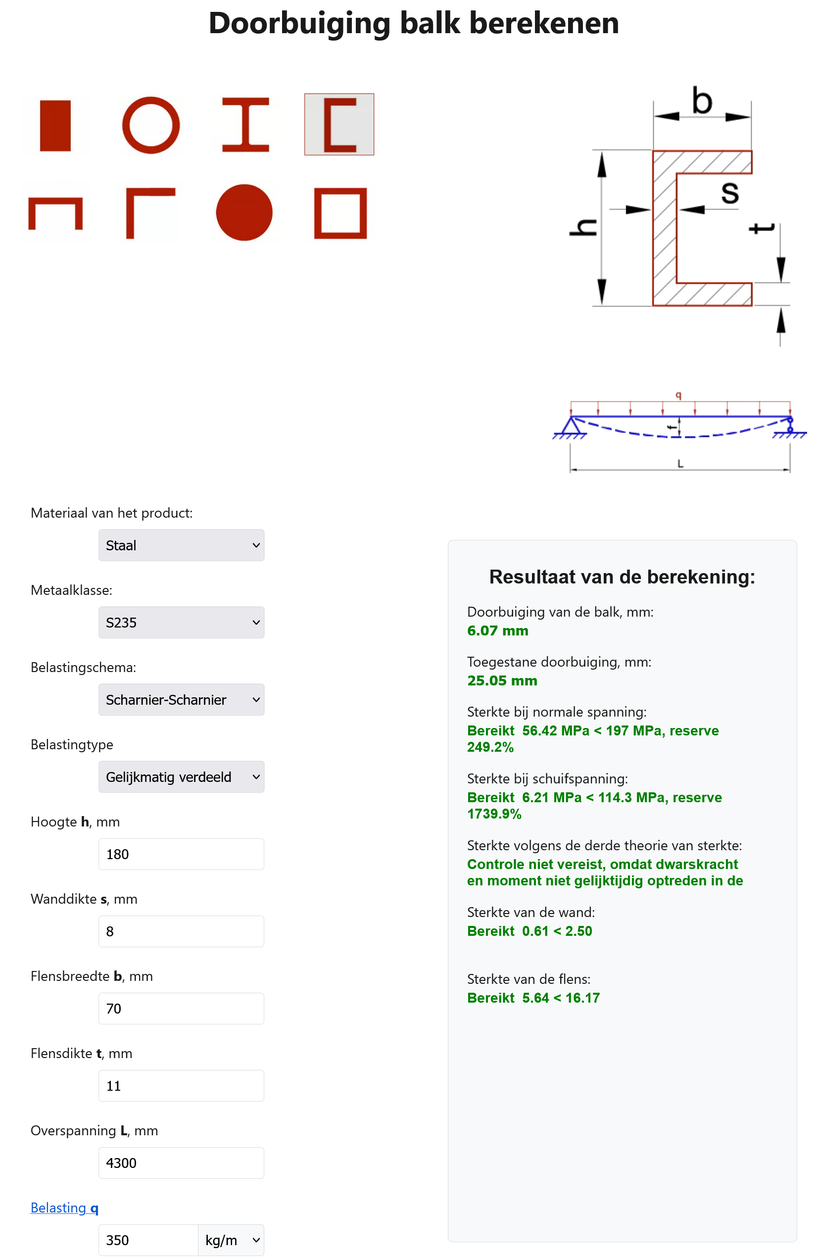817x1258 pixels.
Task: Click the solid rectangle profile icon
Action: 55,125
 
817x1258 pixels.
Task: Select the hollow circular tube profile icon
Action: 150,125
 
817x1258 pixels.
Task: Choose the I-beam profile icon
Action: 245,125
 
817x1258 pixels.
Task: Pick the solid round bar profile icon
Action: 244,212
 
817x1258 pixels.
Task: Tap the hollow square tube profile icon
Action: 340,213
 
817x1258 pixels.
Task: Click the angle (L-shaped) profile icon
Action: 149,212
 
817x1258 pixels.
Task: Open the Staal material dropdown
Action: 181,545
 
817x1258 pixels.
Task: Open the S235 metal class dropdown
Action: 181,622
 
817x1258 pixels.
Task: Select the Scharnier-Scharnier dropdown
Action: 181,699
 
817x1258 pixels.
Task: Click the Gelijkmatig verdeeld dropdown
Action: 181,776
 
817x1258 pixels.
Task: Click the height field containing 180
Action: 181,854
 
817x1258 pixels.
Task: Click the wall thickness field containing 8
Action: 181,931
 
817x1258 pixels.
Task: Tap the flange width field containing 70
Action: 181,1008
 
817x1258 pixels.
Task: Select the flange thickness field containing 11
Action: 181,1085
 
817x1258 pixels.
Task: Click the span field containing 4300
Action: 181,1162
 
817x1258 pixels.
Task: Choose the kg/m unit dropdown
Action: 231,1240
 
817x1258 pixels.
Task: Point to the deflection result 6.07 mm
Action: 497,630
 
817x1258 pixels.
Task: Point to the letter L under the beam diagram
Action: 680,464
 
